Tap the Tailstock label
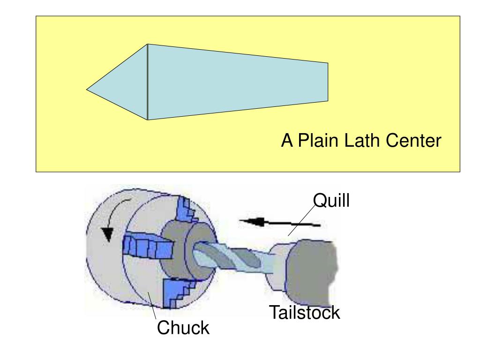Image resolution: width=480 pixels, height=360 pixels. coord(304,313)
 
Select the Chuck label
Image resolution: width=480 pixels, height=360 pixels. coord(183,328)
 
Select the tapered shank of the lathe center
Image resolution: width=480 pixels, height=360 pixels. coord(234,82)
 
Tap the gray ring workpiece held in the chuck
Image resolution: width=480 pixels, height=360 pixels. coord(176,253)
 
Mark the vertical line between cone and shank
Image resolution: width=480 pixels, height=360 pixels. coord(148,82)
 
